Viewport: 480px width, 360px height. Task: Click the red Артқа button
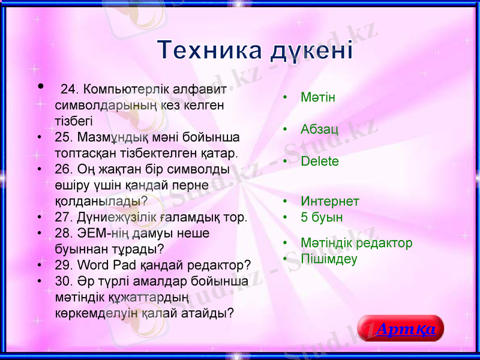(401, 329)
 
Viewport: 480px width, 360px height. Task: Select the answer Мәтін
(317, 97)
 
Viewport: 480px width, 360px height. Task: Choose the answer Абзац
(319, 129)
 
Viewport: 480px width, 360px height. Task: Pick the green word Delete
(320, 161)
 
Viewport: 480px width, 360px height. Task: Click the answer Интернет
(330, 201)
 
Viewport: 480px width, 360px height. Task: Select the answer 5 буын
(322, 217)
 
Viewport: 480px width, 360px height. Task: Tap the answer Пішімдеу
(329, 259)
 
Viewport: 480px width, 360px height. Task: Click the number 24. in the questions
(71, 89)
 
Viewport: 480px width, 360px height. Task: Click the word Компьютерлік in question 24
(124, 89)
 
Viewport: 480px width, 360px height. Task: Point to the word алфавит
(200, 89)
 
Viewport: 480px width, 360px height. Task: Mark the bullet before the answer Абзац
(286, 129)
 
